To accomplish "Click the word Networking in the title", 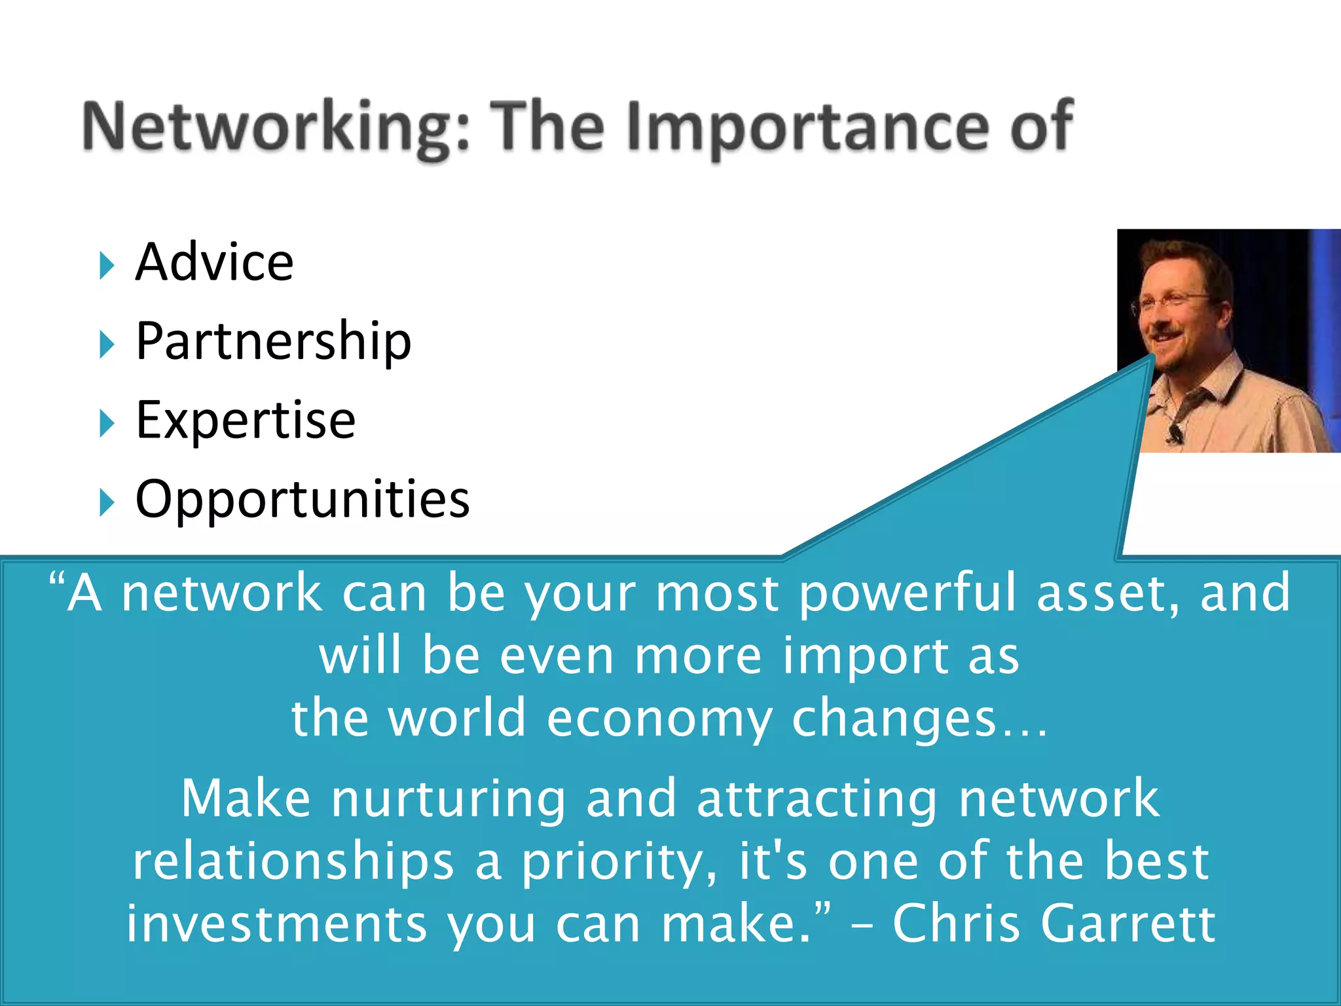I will tap(275, 128).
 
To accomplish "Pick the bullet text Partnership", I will tap(273, 341).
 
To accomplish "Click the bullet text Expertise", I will tap(246, 420).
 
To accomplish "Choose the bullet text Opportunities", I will tap(303, 499).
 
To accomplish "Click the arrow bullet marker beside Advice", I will tap(107, 265).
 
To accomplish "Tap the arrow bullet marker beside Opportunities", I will tap(107, 503).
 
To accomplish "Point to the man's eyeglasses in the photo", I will tap(1172, 303).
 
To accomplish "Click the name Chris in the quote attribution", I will tap(956, 923).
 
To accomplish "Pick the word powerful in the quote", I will tap(908, 593).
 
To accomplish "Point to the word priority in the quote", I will tap(619, 863).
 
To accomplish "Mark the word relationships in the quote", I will tap(293, 862).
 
